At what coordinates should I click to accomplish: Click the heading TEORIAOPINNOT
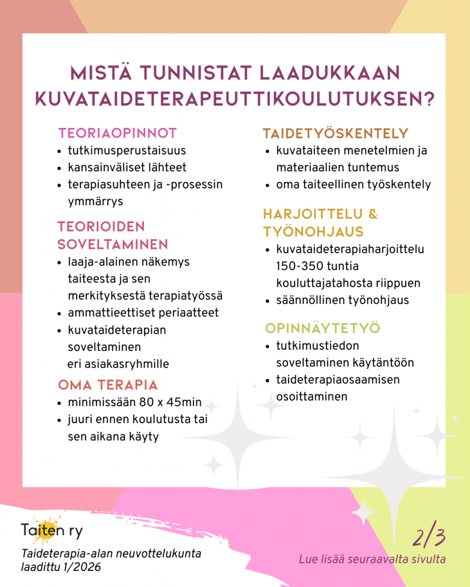pyautogui.click(x=118, y=134)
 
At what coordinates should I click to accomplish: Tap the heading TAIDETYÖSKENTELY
pyautogui.click(x=335, y=134)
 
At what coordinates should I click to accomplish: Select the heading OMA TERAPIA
pyautogui.click(x=108, y=383)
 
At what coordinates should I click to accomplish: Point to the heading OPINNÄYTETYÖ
pyautogui.click(x=323, y=328)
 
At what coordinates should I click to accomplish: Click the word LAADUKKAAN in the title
pyautogui.click(x=329, y=74)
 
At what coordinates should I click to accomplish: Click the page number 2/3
pyautogui.click(x=429, y=537)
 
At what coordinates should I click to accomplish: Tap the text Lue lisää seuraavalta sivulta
pyautogui.click(x=372, y=559)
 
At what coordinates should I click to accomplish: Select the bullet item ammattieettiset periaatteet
pyautogui.click(x=143, y=313)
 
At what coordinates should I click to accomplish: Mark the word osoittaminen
pyautogui.click(x=312, y=396)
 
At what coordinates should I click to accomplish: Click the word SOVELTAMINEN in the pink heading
pyautogui.click(x=112, y=244)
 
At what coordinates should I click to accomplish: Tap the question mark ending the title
pyautogui.click(x=426, y=97)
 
